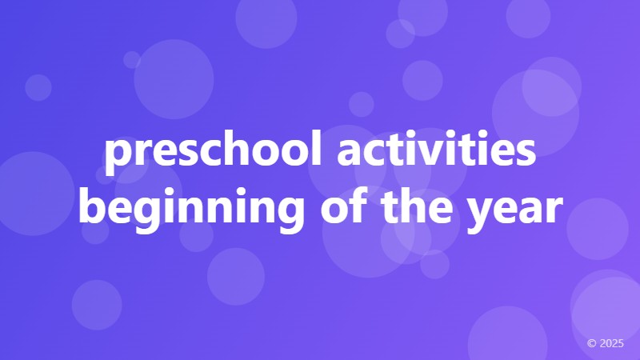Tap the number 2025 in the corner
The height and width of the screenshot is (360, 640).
[611, 343]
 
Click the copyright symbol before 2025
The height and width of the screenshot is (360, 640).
[592, 343]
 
